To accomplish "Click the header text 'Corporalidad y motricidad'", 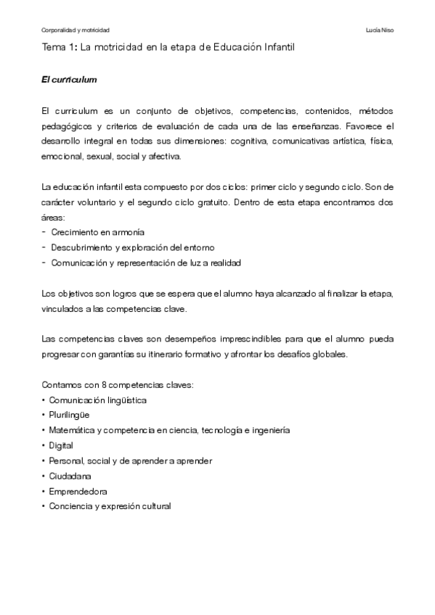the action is (x=75, y=30).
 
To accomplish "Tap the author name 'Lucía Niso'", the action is (x=381, y=30).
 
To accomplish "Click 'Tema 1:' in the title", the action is (x=60, y=47).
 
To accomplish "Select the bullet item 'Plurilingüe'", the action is (x=71, y=414).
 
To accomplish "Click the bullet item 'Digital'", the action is (x=62, y=445).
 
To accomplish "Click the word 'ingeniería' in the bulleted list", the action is (x=272, y=429).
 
